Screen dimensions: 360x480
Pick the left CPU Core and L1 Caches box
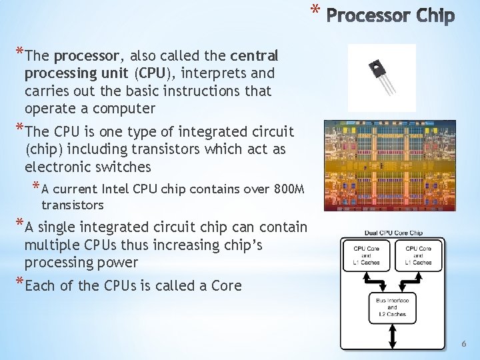(366, 255)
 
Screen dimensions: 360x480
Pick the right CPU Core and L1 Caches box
(417, 255)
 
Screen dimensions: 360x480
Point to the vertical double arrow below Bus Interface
(392, 337)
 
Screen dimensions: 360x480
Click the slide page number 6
(465, 343)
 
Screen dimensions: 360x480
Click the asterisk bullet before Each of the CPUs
(19, 285)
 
